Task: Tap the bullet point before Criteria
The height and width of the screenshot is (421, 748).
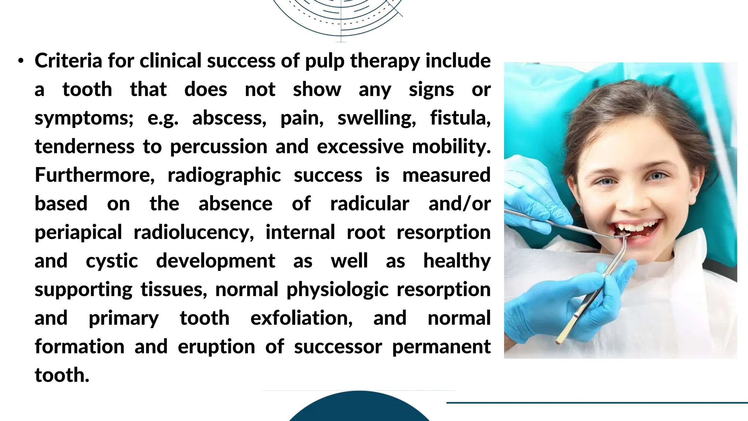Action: point(21,61)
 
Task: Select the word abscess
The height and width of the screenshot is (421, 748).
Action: point(229,118)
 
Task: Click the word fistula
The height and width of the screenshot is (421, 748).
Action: point(460,118)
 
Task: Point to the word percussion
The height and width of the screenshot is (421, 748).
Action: point(218,147)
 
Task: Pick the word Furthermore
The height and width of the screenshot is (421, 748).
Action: point(95,175)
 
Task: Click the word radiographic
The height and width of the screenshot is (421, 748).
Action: point(224,175)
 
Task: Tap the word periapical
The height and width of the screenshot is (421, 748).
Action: point(78,232)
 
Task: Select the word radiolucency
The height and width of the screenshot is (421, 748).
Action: point(194,232)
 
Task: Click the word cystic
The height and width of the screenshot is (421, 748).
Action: point(112,261)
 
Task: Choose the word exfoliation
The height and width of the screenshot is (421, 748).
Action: point(301,318)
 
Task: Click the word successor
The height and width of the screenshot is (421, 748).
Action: point(338,346)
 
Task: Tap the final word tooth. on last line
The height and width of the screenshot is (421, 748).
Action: point(62,375)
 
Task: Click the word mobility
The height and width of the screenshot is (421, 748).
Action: point(451,147)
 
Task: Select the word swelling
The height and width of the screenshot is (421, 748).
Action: point(377,118)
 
